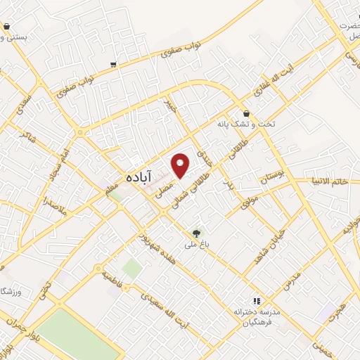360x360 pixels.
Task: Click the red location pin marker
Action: coord(181,165)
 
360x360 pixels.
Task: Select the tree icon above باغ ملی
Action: coord(197,233)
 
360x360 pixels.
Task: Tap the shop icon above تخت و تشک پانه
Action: coord(246,112)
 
